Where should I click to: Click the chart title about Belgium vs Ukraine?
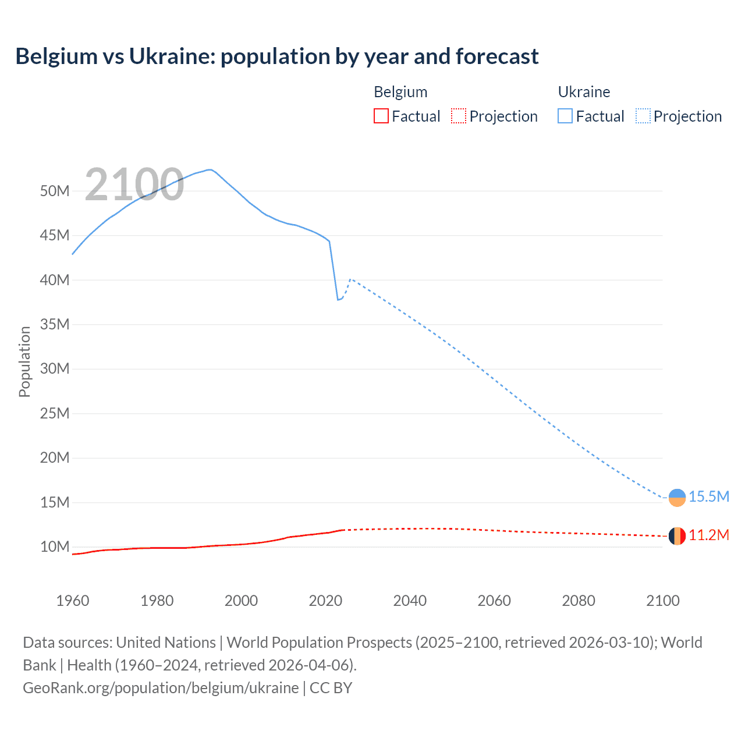point(277,56)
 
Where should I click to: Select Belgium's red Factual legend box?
point(381,116)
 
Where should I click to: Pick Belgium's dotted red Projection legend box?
point(459,116)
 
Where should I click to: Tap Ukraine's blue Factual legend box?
point(565,116)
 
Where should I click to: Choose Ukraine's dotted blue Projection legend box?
point(643,116)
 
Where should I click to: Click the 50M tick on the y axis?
point(55,191)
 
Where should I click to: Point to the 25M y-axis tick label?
point(55,413)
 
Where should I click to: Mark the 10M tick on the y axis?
point(55,547)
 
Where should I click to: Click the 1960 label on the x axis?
point(73,601)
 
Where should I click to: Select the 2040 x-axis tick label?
point(410,601)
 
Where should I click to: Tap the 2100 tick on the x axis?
point(662,601)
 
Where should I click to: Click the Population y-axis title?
point(24,361)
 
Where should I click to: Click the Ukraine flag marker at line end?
point(677,498)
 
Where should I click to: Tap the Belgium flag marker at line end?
point(677,536)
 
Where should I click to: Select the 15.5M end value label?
point(708,496)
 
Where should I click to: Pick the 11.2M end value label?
point(708,535)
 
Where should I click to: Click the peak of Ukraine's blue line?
point(210,170)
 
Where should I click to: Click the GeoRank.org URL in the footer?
point(161,688)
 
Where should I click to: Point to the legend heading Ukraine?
point(584,92)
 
